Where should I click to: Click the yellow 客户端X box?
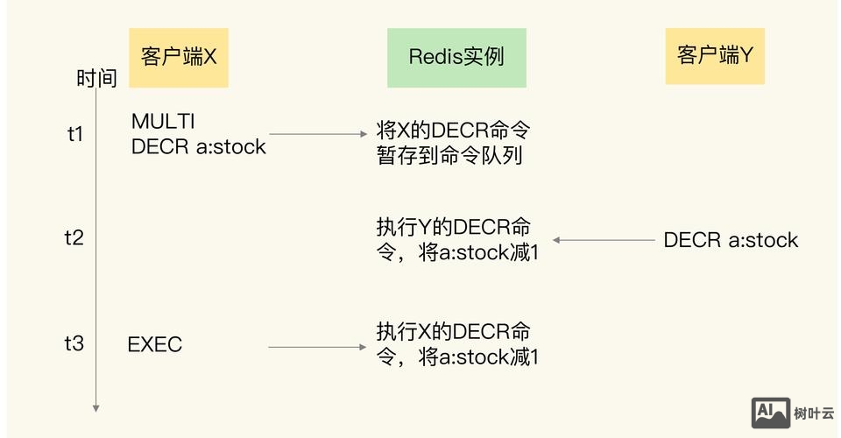click(179, 58)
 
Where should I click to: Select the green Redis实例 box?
click(456, 58)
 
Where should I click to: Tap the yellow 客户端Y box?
click(714, 56)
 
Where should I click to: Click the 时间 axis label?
click(96, 79)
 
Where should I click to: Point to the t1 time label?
click(75, 134)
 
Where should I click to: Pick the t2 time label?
click(74, 237)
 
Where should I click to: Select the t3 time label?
click(74, 343)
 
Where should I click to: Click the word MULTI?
click(163, 121)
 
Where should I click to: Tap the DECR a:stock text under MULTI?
click(198, 146)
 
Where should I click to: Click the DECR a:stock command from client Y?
click(731, 240)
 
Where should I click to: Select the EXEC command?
click(155, 344)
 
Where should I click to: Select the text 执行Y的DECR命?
click(453, 226)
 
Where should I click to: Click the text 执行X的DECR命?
click(453, 332)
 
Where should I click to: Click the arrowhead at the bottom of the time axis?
click(96, 407)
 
